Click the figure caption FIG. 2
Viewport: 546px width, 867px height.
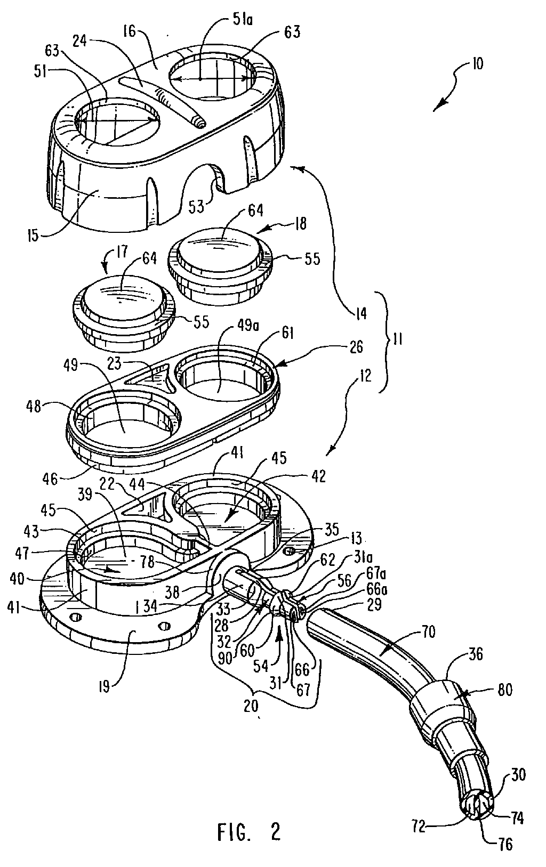point(248,830)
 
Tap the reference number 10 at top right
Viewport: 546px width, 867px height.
point(477,63)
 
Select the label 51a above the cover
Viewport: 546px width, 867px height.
point(243,20)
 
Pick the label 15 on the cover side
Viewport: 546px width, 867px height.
point(33,236)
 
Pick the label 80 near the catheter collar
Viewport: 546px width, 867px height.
point(504,689)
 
